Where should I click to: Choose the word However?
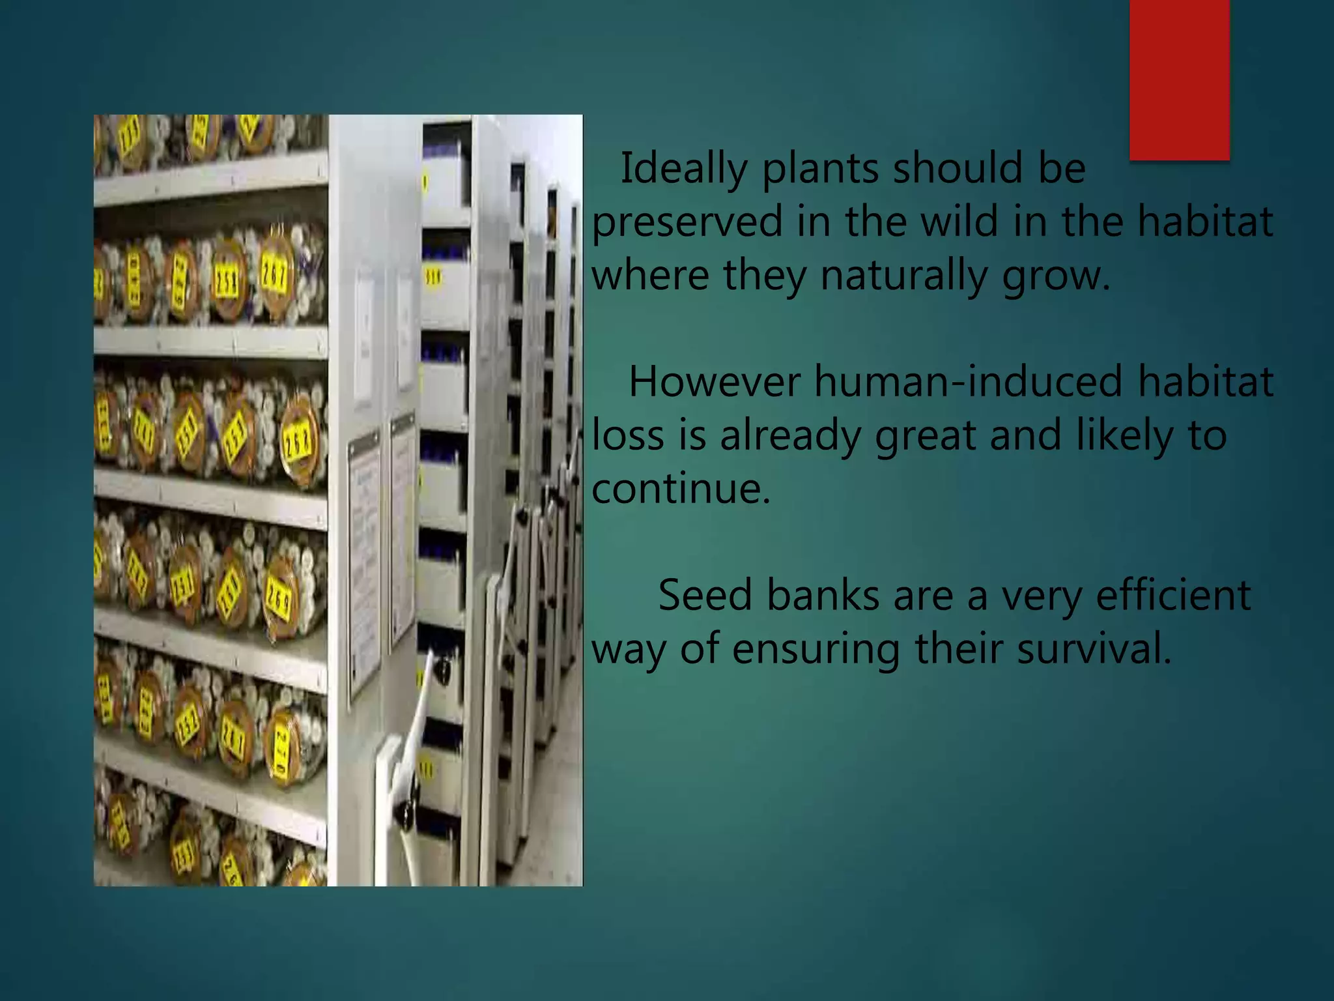click(x=714, y=383)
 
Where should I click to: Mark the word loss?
click(x=627, y=436)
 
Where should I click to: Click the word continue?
click(x=681, y=489)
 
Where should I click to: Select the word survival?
click(x=1094, y=649)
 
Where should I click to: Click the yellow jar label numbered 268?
click(x=298, y=444)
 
